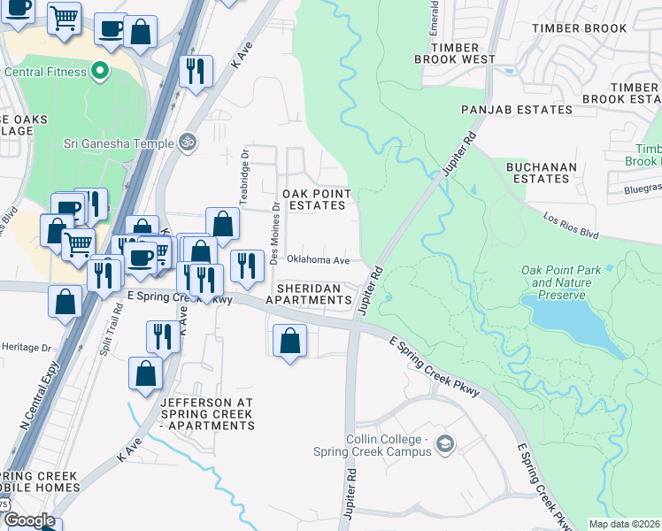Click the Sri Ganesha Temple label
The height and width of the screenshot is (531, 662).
117,141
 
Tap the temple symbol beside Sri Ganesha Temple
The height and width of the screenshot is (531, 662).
187,141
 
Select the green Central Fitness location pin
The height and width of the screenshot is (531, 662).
100,70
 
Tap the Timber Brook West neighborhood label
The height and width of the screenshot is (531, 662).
454,52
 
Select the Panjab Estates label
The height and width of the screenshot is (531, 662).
517,110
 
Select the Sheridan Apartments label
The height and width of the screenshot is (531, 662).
314,294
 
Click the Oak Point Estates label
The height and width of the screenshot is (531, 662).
316,199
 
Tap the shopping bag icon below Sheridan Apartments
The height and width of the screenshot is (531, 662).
290,341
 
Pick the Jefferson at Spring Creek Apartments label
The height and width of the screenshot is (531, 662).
207,414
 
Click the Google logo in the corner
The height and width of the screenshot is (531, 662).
29,520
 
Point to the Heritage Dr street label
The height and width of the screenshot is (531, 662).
27,348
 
